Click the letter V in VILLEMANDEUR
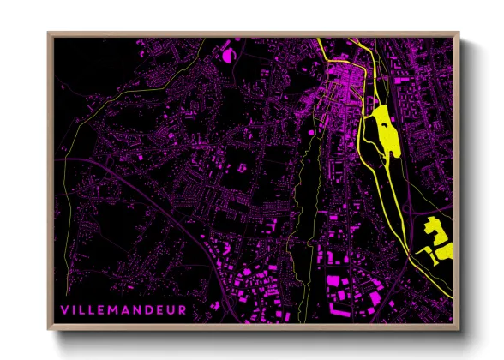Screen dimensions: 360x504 64,309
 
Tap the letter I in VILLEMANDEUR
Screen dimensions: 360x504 75,309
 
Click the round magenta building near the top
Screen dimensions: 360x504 228,55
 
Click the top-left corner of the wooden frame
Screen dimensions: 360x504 49,34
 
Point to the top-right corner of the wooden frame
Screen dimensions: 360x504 459,34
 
